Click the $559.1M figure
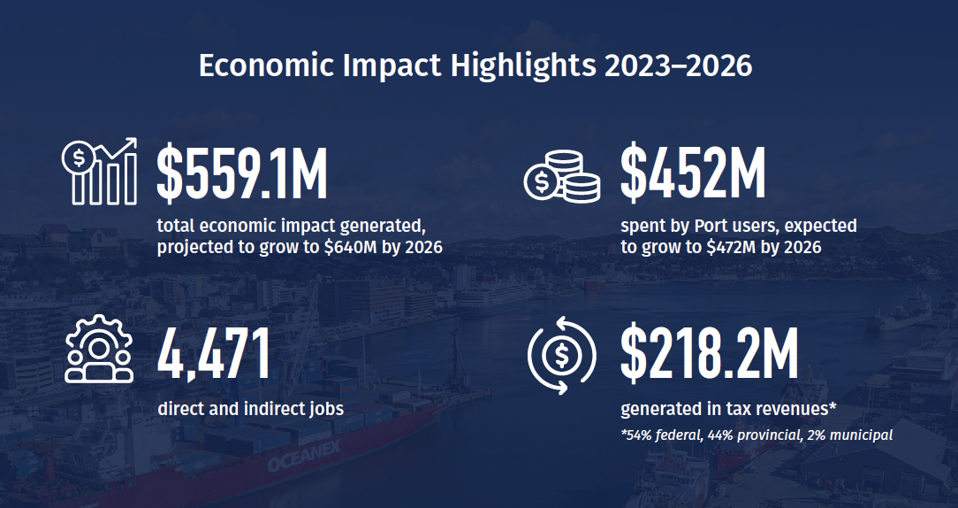(x=242, y=173)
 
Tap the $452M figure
(x=694, y=173)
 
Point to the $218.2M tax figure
(x=710, y=354)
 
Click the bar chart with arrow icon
(x=100, y=172)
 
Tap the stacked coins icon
(x=562, y=176)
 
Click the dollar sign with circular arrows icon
(x=561, y=355)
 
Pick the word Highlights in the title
(x=523, y=66)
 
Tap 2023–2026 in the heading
(x=678, y=65)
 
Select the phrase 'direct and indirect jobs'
(x=250, y=409)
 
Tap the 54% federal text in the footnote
(x=663, y=435)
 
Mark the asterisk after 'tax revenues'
(x=833, y=405)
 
